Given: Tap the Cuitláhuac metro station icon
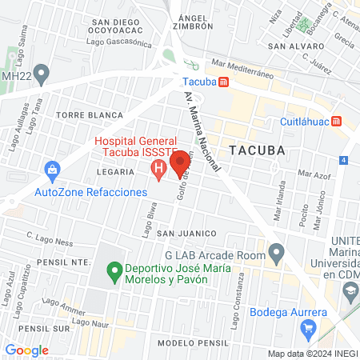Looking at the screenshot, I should point(338,122).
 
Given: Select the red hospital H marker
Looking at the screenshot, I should point(158,169).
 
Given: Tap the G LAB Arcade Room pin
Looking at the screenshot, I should point(276,254).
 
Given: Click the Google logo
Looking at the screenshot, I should point(26,350).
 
